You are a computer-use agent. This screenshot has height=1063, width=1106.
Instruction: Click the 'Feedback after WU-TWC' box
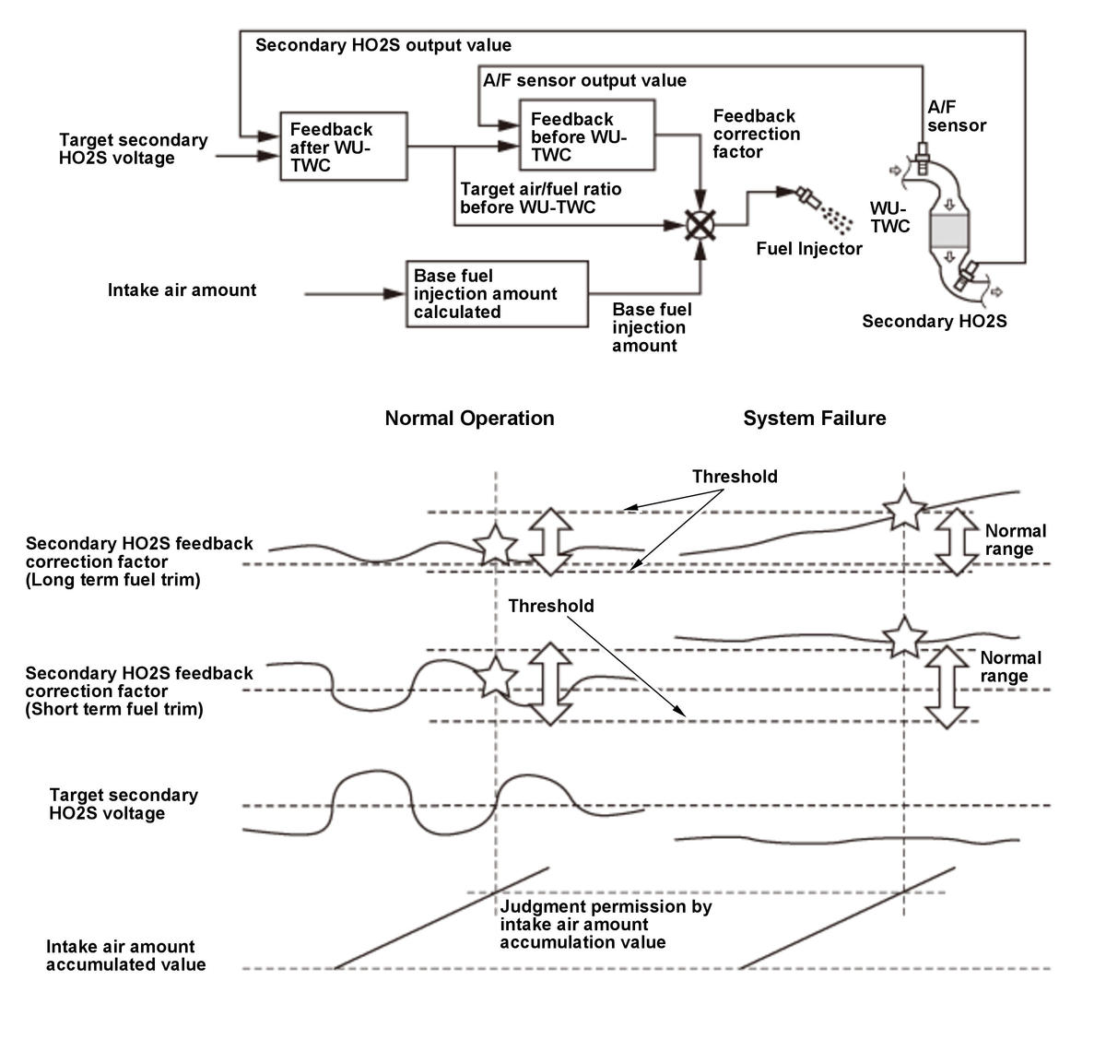[x=344, y=148]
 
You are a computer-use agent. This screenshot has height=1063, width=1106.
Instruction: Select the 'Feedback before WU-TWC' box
[x=587, y=136]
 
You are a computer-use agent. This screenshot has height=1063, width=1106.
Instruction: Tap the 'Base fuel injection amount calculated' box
[x=497, y=294]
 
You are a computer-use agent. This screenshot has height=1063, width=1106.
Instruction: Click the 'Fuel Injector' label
[x=809, y=249]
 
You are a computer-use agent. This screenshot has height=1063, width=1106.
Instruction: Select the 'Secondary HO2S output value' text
[x=382, y=45]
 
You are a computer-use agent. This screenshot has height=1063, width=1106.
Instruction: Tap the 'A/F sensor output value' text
[x=584, y=80]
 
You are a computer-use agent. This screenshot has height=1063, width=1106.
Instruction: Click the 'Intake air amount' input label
[x=182, y=290]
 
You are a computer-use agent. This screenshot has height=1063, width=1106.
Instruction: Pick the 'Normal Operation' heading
[x=469, y=419]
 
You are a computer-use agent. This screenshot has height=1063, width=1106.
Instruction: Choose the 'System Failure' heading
[x=814, y=419]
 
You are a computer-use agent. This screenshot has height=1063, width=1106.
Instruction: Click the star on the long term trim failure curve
[x=903, y=509]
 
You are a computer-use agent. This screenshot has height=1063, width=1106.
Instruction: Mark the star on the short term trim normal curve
[x=496, y=678]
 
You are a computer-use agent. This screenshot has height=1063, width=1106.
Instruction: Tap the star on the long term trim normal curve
[x=495, y=545]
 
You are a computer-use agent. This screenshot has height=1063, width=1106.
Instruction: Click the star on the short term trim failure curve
[x=903, y=637]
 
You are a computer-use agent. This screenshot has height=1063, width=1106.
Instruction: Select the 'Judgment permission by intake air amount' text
[x=606, y=925]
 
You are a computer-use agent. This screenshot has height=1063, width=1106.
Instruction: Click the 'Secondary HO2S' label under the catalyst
[x=934, y=322]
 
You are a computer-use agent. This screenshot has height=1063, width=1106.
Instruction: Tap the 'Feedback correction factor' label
[x=756, y=135]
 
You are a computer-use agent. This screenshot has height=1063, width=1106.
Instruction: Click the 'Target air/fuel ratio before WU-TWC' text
[x=541, y=198]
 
